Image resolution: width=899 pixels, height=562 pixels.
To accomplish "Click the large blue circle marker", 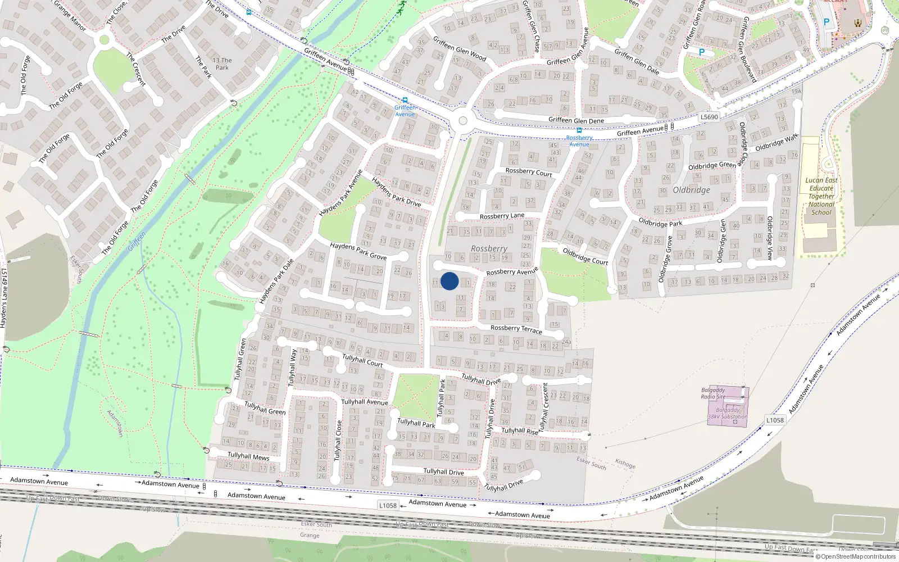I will pos(449,281).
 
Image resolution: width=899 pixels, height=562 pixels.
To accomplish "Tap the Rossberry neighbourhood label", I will pos(489,248).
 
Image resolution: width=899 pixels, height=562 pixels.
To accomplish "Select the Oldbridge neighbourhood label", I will pos(691,190).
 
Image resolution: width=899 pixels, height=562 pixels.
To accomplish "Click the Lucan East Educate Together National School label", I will pos(821,196).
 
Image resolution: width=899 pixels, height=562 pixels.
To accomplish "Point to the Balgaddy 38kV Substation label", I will pos(728,413).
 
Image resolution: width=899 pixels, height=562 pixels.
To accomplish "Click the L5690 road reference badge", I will pos(709,117).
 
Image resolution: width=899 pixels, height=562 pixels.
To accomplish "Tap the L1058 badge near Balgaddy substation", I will pos(775,420).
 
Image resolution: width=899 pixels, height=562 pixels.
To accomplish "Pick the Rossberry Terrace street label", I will pos(516,329).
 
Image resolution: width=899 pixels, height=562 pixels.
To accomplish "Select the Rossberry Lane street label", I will pos(502,216).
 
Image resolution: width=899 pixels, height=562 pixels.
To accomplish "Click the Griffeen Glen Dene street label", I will pos(576,120).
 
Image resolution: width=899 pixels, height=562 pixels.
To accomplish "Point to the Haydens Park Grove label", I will pos(358,251).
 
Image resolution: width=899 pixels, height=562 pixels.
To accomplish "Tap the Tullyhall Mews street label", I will pos(248,456).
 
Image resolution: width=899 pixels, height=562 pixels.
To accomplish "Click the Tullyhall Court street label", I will pos(362,360).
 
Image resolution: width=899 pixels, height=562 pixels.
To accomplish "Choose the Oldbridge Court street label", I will pos(585,256).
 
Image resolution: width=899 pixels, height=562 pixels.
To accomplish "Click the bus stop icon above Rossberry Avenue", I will pos(579,130).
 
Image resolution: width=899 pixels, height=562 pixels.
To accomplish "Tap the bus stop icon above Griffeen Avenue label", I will pos(405,100).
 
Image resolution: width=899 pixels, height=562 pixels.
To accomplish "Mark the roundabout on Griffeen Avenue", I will pos(463,120).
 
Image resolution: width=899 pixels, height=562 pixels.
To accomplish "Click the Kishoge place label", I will pos(625,464).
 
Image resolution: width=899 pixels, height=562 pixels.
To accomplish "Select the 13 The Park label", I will pos(222,64).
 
